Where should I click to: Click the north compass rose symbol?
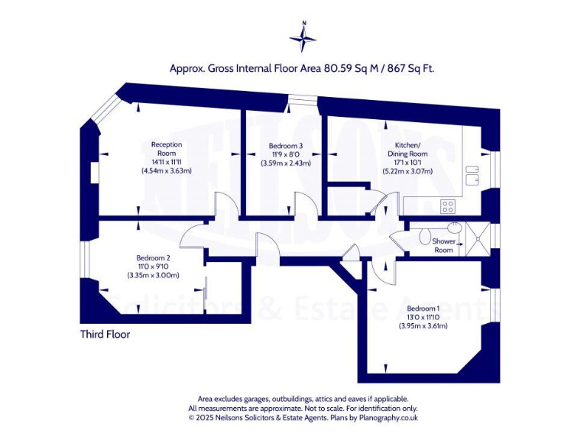303,37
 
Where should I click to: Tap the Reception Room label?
167,149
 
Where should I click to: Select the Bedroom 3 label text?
286,146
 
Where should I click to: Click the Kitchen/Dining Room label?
407,149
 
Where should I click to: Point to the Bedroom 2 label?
153,257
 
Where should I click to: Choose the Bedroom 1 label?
423,309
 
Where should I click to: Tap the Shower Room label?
443,245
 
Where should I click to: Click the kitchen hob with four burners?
448,206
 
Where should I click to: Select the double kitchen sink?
472,176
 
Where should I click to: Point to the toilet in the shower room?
424,237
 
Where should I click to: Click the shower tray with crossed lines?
478,239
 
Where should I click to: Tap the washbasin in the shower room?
454,226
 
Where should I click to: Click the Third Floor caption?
105,334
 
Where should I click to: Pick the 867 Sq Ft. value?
411,69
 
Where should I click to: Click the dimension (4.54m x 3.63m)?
167,171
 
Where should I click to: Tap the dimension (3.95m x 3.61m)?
423,325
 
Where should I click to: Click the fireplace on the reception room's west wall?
94,173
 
